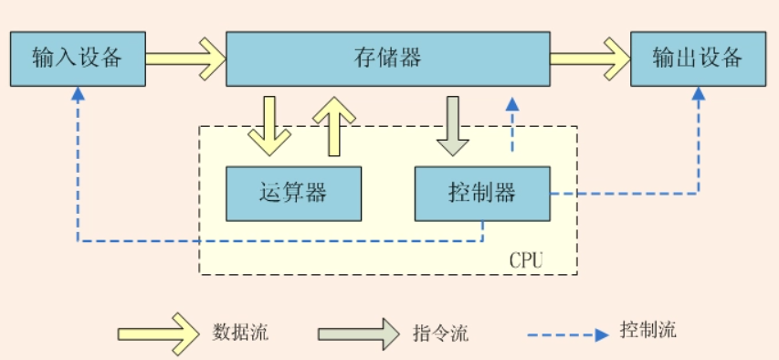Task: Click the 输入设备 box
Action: click(x=77, y=58)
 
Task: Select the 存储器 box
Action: click(x=387, y=58)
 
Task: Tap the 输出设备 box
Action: click(x=698, y=58)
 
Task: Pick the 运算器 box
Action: click(x=293, y=193)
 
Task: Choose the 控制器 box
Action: click(x=482, y=193)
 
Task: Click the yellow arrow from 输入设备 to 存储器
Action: click(x=185, y=58)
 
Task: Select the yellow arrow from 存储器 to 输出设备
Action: click(x=589, y=58)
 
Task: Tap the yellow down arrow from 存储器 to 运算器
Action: click(x=269, y=125)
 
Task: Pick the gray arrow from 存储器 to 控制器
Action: click(x=452, y=125)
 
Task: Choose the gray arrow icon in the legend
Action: click(x=359, y=332)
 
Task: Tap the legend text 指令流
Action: click(x=440, y=333)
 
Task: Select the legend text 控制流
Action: click(x=647, y=330)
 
